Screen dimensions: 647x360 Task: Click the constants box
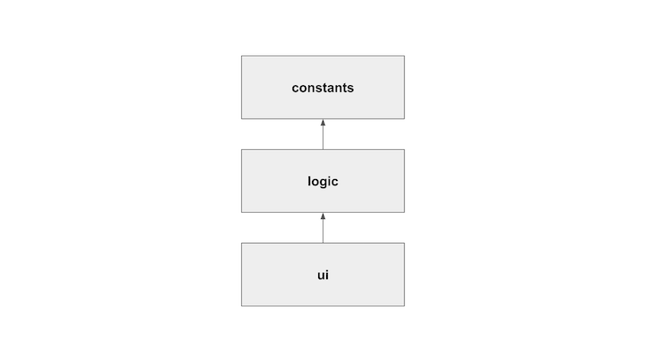[x=323, y=87]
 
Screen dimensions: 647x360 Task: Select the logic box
[x=323, y=181]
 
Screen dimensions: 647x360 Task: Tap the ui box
[x=323, y=275]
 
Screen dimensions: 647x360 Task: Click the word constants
[x=323, y=88]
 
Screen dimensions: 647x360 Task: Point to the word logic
[x=323, y=181]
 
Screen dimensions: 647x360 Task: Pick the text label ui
[x=323, y=275]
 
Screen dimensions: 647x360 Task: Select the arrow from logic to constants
[x=323, y=134]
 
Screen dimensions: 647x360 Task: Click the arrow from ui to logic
[x=323, y=228]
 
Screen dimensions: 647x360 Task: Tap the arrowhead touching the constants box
[x=323, y=122]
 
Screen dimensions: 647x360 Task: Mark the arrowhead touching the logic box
[x=323, y=216]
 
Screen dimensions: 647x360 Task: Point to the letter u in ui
[x=321, y=276]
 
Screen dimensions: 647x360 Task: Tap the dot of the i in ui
[x=327, y=270]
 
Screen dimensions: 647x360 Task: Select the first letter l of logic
[x=309, y=181]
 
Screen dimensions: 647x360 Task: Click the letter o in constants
[x=304, y=89]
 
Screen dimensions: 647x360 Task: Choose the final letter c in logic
[x=335, y=183]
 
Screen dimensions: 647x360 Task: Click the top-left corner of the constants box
[x=241, y=56]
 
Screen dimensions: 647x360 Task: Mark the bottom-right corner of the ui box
[x=404, y=306]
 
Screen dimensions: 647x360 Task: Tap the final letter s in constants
[x=351, y=89]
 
